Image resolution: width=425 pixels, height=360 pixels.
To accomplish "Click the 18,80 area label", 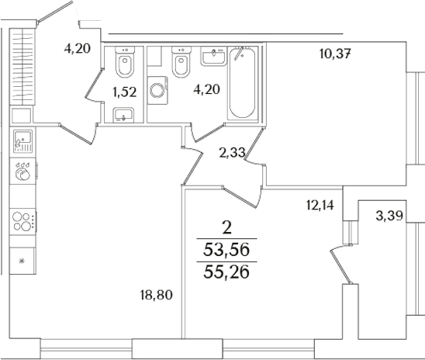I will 155,295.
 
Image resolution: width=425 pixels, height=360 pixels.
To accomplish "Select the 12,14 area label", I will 320,206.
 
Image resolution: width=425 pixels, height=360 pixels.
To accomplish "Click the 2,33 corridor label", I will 232,154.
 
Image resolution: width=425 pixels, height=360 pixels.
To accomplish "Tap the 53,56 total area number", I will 226,250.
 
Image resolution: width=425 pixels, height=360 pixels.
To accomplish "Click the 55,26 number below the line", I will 226,274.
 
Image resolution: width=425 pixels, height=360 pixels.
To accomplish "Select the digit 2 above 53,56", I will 226,227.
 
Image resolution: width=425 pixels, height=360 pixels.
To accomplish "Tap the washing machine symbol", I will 160,92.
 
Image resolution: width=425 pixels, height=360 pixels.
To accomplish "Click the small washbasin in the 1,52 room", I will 124,116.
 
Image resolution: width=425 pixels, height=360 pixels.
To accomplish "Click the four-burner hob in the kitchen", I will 25,220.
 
